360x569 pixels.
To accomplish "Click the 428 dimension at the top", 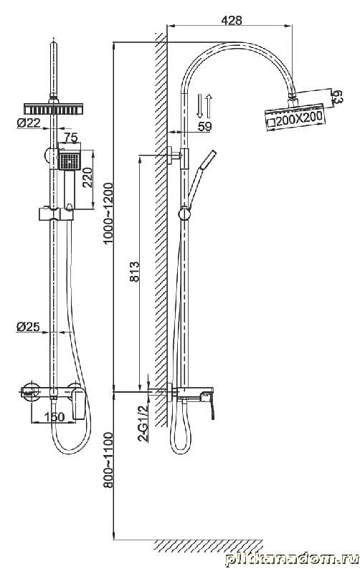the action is (x=232, y=20).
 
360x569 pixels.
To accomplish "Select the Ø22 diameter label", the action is (x=29, y=123).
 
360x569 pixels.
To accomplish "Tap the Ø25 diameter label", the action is (x=28, y=327).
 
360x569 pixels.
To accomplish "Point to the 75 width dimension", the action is (x=71, y=138).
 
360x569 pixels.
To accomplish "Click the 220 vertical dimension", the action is (x=87, y=177).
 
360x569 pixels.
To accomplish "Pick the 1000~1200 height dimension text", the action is (x=108, y=214).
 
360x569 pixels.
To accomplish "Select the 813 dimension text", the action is (x=134, y=272).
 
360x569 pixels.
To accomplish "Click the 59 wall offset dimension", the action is (x=204, y=126).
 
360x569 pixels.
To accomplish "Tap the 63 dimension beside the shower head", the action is (x=338, y=97).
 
